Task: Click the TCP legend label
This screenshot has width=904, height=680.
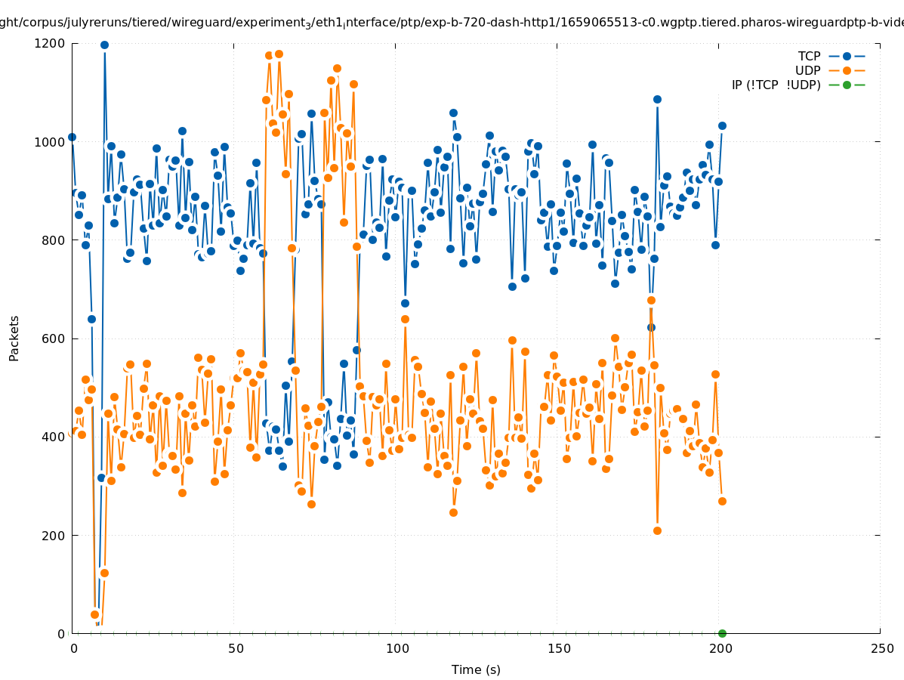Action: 809,57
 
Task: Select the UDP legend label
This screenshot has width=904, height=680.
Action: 807,71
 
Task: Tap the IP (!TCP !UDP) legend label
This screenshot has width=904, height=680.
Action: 776,85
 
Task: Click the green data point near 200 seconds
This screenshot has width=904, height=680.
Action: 722,633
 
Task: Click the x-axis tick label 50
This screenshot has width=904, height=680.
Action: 236,649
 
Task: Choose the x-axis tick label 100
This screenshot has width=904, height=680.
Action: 396,649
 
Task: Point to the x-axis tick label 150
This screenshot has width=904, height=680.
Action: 558,649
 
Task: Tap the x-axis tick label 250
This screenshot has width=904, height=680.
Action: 881,649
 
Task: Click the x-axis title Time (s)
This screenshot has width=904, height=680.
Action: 476,670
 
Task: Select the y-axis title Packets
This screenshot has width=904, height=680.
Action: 14,338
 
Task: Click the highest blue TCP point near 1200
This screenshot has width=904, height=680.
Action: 104,45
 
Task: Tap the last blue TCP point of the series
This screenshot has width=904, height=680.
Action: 722,125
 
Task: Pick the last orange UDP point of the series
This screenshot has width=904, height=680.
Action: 722,501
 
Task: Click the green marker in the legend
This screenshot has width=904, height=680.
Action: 847,85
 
